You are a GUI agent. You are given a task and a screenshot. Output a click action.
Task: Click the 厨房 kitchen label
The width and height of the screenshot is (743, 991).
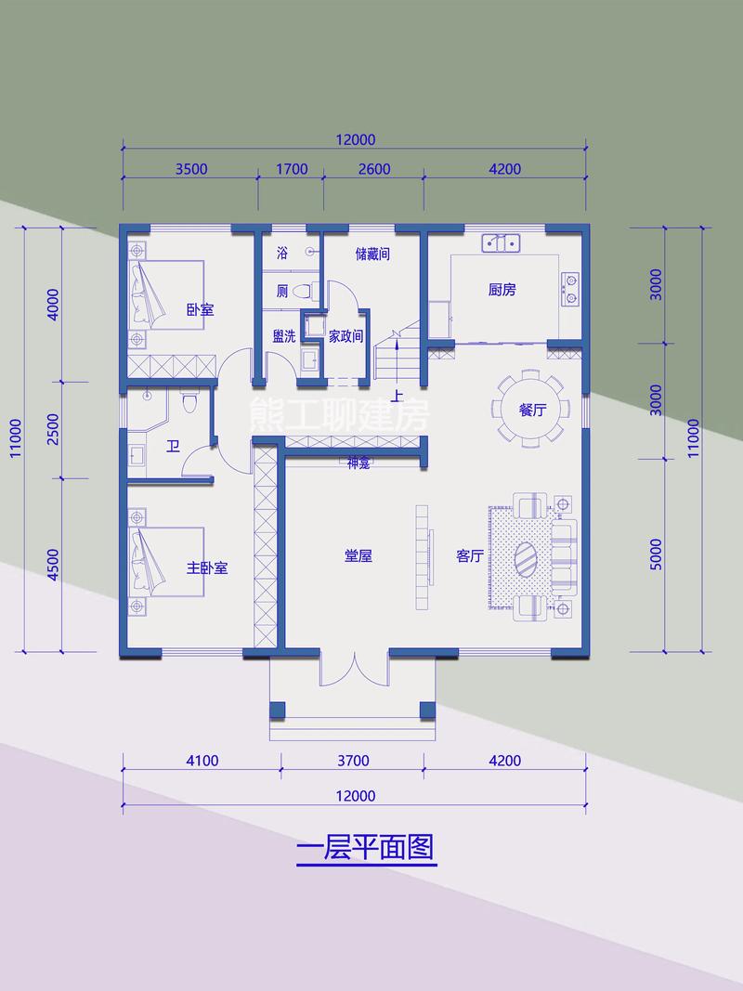tap(502, 290)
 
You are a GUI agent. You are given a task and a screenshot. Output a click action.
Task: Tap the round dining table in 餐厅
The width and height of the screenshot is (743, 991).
tap(530, 410)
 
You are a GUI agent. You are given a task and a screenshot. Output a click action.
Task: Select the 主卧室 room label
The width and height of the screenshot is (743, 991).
tap(207, 567)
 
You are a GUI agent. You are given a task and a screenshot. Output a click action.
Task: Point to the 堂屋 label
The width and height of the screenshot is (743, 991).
tap(358, 556)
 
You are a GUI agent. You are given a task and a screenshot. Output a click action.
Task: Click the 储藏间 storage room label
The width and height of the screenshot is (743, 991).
tap(371, 254)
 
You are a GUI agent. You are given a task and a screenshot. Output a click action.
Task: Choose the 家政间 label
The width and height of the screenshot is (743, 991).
tap(345, 336)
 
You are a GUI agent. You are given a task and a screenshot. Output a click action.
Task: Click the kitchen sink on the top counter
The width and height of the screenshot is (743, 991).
tap(502, 243)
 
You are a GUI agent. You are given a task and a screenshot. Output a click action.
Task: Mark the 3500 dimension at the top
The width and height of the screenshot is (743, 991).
tap(190, 169)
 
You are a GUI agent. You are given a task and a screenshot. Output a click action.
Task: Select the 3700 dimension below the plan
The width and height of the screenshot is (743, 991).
tap(354, 761)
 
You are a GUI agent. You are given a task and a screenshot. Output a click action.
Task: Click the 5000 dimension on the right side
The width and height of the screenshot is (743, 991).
tap(656, 554)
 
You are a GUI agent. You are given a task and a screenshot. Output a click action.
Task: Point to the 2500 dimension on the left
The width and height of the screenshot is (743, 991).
tap(53, 430)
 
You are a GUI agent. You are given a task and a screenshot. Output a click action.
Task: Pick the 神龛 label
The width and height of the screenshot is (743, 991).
tap(358, 463)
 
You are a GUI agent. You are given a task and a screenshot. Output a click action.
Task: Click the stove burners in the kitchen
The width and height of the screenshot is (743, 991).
tap(569, 287)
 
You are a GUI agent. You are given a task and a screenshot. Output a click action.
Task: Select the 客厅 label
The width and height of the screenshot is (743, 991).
tap(470, 556)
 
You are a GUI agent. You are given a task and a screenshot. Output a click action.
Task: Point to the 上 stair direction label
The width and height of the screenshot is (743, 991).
tap(398, 397)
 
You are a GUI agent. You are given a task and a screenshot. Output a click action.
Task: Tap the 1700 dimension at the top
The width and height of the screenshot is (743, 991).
tap(291, 169)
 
